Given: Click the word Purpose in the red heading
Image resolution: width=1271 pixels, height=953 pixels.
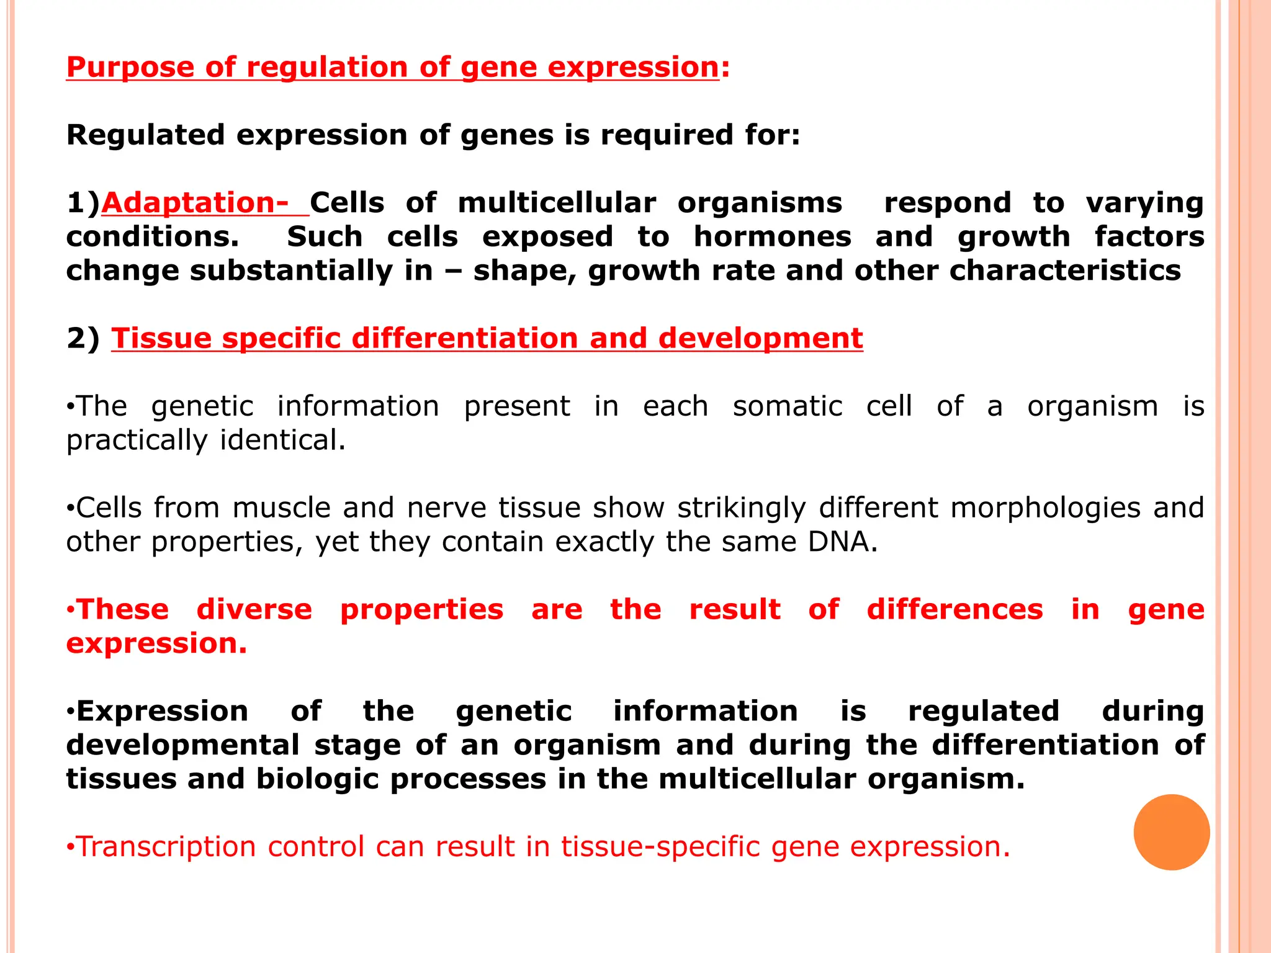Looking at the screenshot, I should point(130,68).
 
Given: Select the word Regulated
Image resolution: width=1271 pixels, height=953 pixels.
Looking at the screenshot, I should point(146,135).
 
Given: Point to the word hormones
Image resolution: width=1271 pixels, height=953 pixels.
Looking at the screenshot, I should point(772,237).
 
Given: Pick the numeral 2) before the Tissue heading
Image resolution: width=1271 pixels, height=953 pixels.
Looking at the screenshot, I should point(83,339).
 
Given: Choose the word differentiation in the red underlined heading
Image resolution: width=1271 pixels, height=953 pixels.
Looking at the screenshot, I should point(464,339).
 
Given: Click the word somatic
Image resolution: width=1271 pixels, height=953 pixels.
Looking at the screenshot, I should point(788,406).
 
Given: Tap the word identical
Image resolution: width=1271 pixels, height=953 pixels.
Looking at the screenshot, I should point(282,441).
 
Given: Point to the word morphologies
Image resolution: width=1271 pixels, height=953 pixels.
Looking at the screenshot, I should point(1045,508).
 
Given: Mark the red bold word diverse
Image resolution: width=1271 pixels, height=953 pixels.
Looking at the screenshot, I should point(254,610).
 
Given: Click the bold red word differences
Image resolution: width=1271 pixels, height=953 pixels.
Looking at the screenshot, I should point(954,610).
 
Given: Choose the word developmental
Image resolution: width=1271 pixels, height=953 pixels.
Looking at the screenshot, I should point(183,745).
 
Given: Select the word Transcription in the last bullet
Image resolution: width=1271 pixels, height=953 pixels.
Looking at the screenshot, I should point(166,847).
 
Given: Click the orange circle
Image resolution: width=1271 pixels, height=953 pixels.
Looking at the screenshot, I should point(1171,832).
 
